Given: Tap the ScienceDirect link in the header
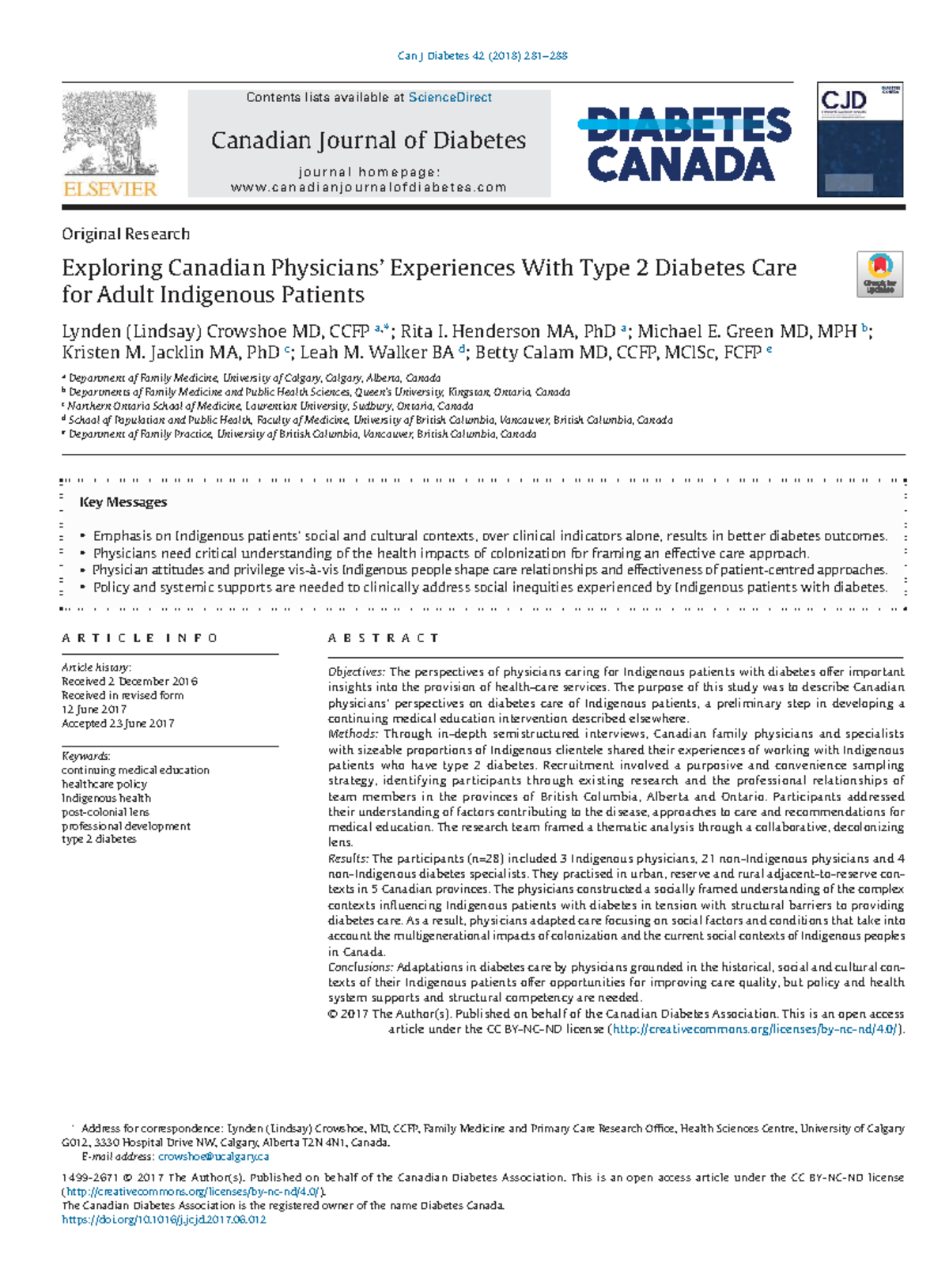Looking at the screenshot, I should point(450,97).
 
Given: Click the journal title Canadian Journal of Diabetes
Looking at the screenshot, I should point(369,141).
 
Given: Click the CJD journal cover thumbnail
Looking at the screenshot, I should point(860,140).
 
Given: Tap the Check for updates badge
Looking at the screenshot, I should point(879,274).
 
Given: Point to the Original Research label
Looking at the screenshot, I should point(126,234).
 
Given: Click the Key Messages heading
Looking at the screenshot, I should point(123,502).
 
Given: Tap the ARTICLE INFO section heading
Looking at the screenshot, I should point(139,638).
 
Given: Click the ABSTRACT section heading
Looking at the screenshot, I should point(384,638).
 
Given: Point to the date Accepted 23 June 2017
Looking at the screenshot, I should point(118,724).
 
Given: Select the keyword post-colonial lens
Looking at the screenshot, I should point(105,812).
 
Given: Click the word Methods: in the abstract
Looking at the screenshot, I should point(353,734).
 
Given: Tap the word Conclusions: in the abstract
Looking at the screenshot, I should point(360,967).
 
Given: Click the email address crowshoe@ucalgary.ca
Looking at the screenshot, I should point(214,1157).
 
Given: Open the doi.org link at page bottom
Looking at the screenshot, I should point(164,1220).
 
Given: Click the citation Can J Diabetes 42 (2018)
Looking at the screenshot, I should point(482,56).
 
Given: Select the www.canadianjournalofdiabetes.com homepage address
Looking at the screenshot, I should point(369,187).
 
